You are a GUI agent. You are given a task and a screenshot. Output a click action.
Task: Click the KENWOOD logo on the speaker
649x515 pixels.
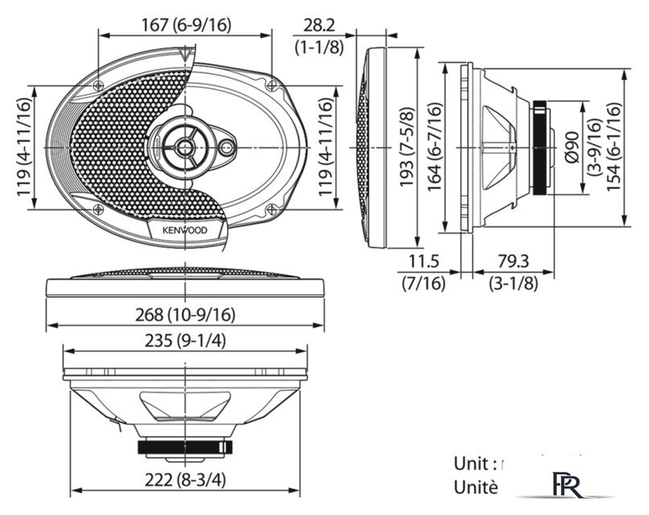point(185,229)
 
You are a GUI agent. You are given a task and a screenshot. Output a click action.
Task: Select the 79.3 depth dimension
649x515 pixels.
point(512,262)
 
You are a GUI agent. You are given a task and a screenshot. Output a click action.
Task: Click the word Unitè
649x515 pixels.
point(475,486)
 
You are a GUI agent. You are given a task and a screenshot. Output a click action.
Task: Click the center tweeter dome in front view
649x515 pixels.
point(186,146)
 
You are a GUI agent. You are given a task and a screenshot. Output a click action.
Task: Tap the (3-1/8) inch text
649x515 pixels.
point(513,282)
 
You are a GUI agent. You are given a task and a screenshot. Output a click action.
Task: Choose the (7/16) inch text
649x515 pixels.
point(423,282)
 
